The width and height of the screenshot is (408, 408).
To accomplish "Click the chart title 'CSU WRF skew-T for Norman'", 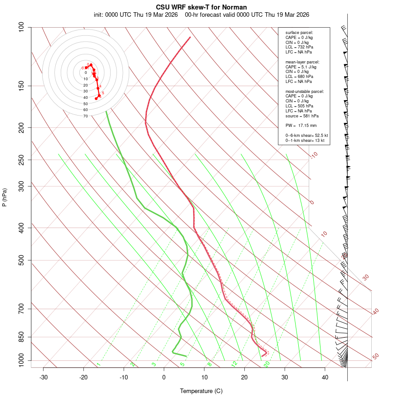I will point(201,7).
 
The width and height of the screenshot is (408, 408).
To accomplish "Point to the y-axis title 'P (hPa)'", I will point(5,198).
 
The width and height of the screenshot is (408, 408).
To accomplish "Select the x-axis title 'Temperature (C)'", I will point(201,391).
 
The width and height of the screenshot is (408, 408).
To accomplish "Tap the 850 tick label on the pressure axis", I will point(22,337).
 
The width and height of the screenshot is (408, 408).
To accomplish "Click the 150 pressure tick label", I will point(22,86).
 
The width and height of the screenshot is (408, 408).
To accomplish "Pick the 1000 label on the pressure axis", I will point(20,361).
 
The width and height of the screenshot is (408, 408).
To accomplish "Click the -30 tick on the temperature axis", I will point(44,377).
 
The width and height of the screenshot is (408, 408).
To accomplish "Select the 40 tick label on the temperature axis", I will point(325,377).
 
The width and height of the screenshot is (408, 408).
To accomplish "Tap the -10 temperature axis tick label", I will point(124,377).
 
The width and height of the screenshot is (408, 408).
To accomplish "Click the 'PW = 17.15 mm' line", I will point(301,125).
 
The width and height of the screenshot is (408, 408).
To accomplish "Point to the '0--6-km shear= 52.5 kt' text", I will point(306,136).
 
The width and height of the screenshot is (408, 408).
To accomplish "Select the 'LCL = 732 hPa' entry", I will point(299,47).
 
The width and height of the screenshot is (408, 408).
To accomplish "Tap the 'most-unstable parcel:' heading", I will point(305,91).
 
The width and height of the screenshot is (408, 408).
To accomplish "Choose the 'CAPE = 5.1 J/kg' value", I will point(301,67).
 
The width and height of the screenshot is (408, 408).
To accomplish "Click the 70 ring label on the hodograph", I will point(86,116).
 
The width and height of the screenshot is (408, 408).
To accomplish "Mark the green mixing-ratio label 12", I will point(234,364).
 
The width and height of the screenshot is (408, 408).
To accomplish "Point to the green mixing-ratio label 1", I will point(98,364).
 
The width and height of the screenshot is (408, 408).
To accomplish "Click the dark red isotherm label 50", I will point(375,357).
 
